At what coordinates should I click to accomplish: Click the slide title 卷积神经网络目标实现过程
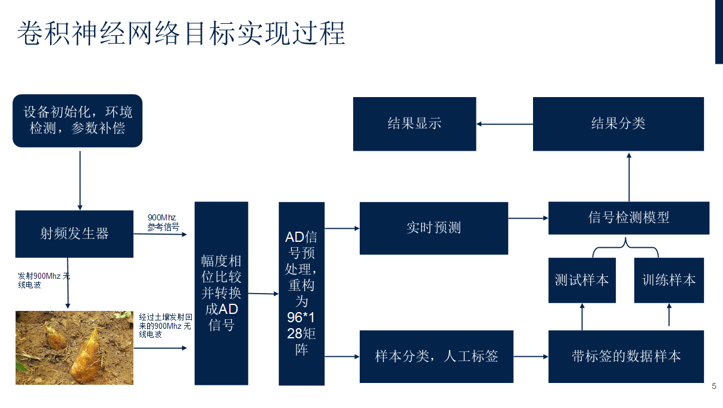pyautogui.click(x=181, y=33)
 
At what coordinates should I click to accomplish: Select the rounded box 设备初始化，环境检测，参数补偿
pyautogui.click(x=77, y=121)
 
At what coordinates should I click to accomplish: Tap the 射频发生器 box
pyautogui.click(x=74, y=233)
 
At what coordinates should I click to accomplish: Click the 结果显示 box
pyautogui.click(x=415, y=124)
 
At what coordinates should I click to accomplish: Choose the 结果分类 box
pyautogui.click(x=618, y=124)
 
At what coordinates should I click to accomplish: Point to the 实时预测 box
pyautogui.click(x=434, y=228)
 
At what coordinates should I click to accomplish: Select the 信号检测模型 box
pyautogui.click(x=629, y=218)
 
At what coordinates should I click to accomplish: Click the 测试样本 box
pyautogui.click(x=582, y=280)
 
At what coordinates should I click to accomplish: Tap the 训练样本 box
pyautogui.click(x=669, y=280)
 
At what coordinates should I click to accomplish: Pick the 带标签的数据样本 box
pyautogui.click(x=626, y=356)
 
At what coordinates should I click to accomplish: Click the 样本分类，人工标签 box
pyautogui.click(x=437, y=356)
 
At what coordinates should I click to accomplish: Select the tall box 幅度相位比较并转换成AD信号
pyautogui.click(x=221, y=293)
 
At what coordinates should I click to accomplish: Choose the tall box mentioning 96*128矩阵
pyautogui.click(x=301, y=294)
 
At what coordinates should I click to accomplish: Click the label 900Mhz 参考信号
pyautogui.click(x=163, y=222)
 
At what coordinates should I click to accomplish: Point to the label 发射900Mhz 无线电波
pyautogui.click(x=43, y=281)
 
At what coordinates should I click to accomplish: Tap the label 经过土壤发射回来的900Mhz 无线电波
pyautogui.click(x=165, y=326)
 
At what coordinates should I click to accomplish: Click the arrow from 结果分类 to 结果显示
pyautogui.click(x=504, y=124)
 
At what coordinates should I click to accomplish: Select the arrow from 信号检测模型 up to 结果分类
pyautogui.click(x=629, y=177)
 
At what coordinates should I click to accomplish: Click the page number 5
pyautogui.click(x=714, y=386)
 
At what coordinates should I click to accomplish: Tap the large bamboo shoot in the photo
pyautogui.click(x=86, y=357)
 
